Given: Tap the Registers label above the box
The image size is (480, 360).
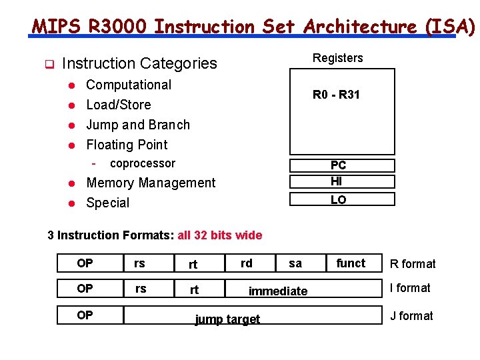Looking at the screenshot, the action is [x=338, y=58].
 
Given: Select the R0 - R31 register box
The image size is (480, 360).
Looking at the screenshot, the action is [x=341, y=111].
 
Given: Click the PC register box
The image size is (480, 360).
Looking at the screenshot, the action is [x=341, y=165].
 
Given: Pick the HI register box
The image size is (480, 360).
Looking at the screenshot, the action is [x=341, y=181].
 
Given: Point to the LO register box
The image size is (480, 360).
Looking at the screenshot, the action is [x=341, y=199].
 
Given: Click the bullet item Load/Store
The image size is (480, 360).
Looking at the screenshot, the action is [x=119, y=105].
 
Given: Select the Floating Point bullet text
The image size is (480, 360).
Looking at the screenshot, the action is [x=127, y=145].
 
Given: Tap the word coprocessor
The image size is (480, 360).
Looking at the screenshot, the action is [x=143, y=163].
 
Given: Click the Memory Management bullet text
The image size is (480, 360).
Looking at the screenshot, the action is [x=151, y=183].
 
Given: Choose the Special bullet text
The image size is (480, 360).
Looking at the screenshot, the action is [x=108, y=203].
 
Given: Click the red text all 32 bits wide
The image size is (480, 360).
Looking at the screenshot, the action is [x=220, y=235].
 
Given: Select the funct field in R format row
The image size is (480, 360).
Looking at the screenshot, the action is [x=351, y=263].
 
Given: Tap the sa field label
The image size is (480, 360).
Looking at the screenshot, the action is [x=295, y=263].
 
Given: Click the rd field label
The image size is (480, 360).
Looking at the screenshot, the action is [x=247, y=263].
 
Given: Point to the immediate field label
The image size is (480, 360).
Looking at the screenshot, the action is [x=278, y=291].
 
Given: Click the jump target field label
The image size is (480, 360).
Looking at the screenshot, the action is [x=227, y=319].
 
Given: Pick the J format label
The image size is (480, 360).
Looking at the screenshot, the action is [x=411, y=316].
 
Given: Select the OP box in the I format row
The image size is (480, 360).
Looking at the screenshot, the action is [x=85, y=289].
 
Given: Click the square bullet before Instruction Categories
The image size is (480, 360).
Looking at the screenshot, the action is [x=48, y=64].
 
